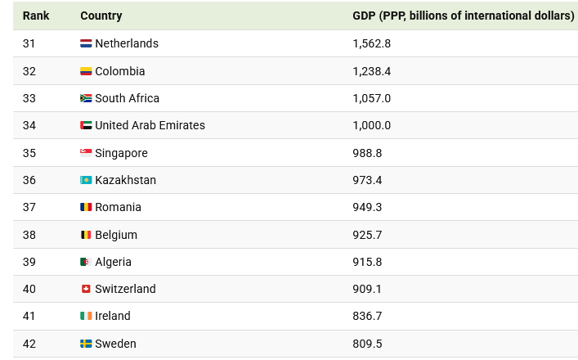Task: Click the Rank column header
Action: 36,16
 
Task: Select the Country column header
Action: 101,16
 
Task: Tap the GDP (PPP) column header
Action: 463,16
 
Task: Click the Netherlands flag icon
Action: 86,43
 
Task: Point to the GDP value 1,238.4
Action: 372,71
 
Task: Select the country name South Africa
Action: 127,98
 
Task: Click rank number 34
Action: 29,125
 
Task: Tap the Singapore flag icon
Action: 86,153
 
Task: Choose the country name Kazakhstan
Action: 125,180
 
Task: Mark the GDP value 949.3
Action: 367,207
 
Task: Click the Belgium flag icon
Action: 86,235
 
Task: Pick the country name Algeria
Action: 113,262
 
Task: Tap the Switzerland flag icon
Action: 86,289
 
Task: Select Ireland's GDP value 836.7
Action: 367,316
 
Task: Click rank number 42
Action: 29,344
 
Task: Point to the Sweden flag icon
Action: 86,344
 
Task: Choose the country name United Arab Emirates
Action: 150,125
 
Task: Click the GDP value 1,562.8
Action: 372,43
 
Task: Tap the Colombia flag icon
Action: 86,71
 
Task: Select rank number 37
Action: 29,207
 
